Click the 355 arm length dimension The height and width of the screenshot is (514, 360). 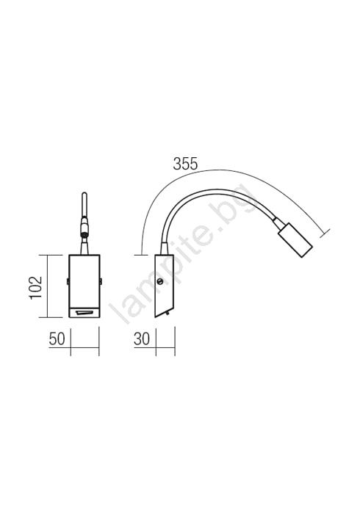pyautogui.click(x=185, y=164)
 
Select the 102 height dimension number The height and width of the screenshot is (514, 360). pyautogui.click(x=36, y=288)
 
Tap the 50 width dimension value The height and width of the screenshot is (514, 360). pyautogui.click(x=57, y=339)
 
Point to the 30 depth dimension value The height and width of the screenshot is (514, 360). pyautogui.click(x=142, y=339)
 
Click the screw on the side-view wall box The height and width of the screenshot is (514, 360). pyautogui.click(x=160, y=281)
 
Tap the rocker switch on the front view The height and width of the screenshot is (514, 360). pyautogui.click(x=84, y=314)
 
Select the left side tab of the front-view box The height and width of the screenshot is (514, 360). pyautogui.click(x=68, y=281)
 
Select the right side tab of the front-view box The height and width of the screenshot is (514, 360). pyautogui.click(x=101, y=281)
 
